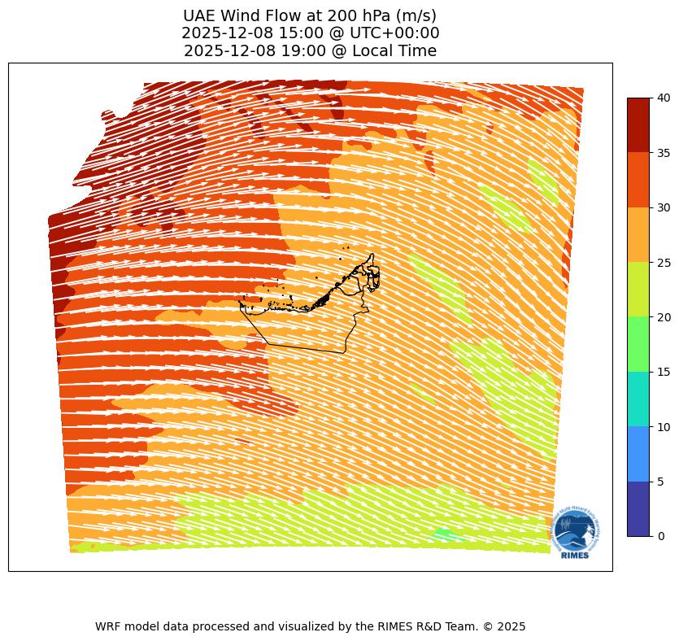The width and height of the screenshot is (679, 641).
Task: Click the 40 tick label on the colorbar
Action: point(664,98)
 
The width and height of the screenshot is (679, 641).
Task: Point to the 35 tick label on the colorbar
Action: point(664,152)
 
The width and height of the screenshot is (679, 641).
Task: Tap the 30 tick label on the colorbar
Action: point(664,207)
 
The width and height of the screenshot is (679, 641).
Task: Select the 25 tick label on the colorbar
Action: point(664,262)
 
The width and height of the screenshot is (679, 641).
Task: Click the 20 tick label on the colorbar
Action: point(664,316)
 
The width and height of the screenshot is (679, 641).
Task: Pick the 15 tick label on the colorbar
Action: point(664,372)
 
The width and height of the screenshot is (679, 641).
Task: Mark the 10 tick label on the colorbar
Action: point(664,426)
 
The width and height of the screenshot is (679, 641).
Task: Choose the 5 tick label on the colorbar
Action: point(660,482)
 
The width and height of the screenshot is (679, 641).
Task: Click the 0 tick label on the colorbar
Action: point(660,536)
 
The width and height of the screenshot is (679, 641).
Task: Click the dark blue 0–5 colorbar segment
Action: point(638,508)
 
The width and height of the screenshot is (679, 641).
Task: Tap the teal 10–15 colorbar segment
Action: point(638,399)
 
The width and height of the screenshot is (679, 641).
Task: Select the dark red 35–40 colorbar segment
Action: point(638,124)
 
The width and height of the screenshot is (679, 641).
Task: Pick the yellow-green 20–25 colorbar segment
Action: point(638,289)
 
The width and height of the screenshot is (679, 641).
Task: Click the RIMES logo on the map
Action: point(576,532)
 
